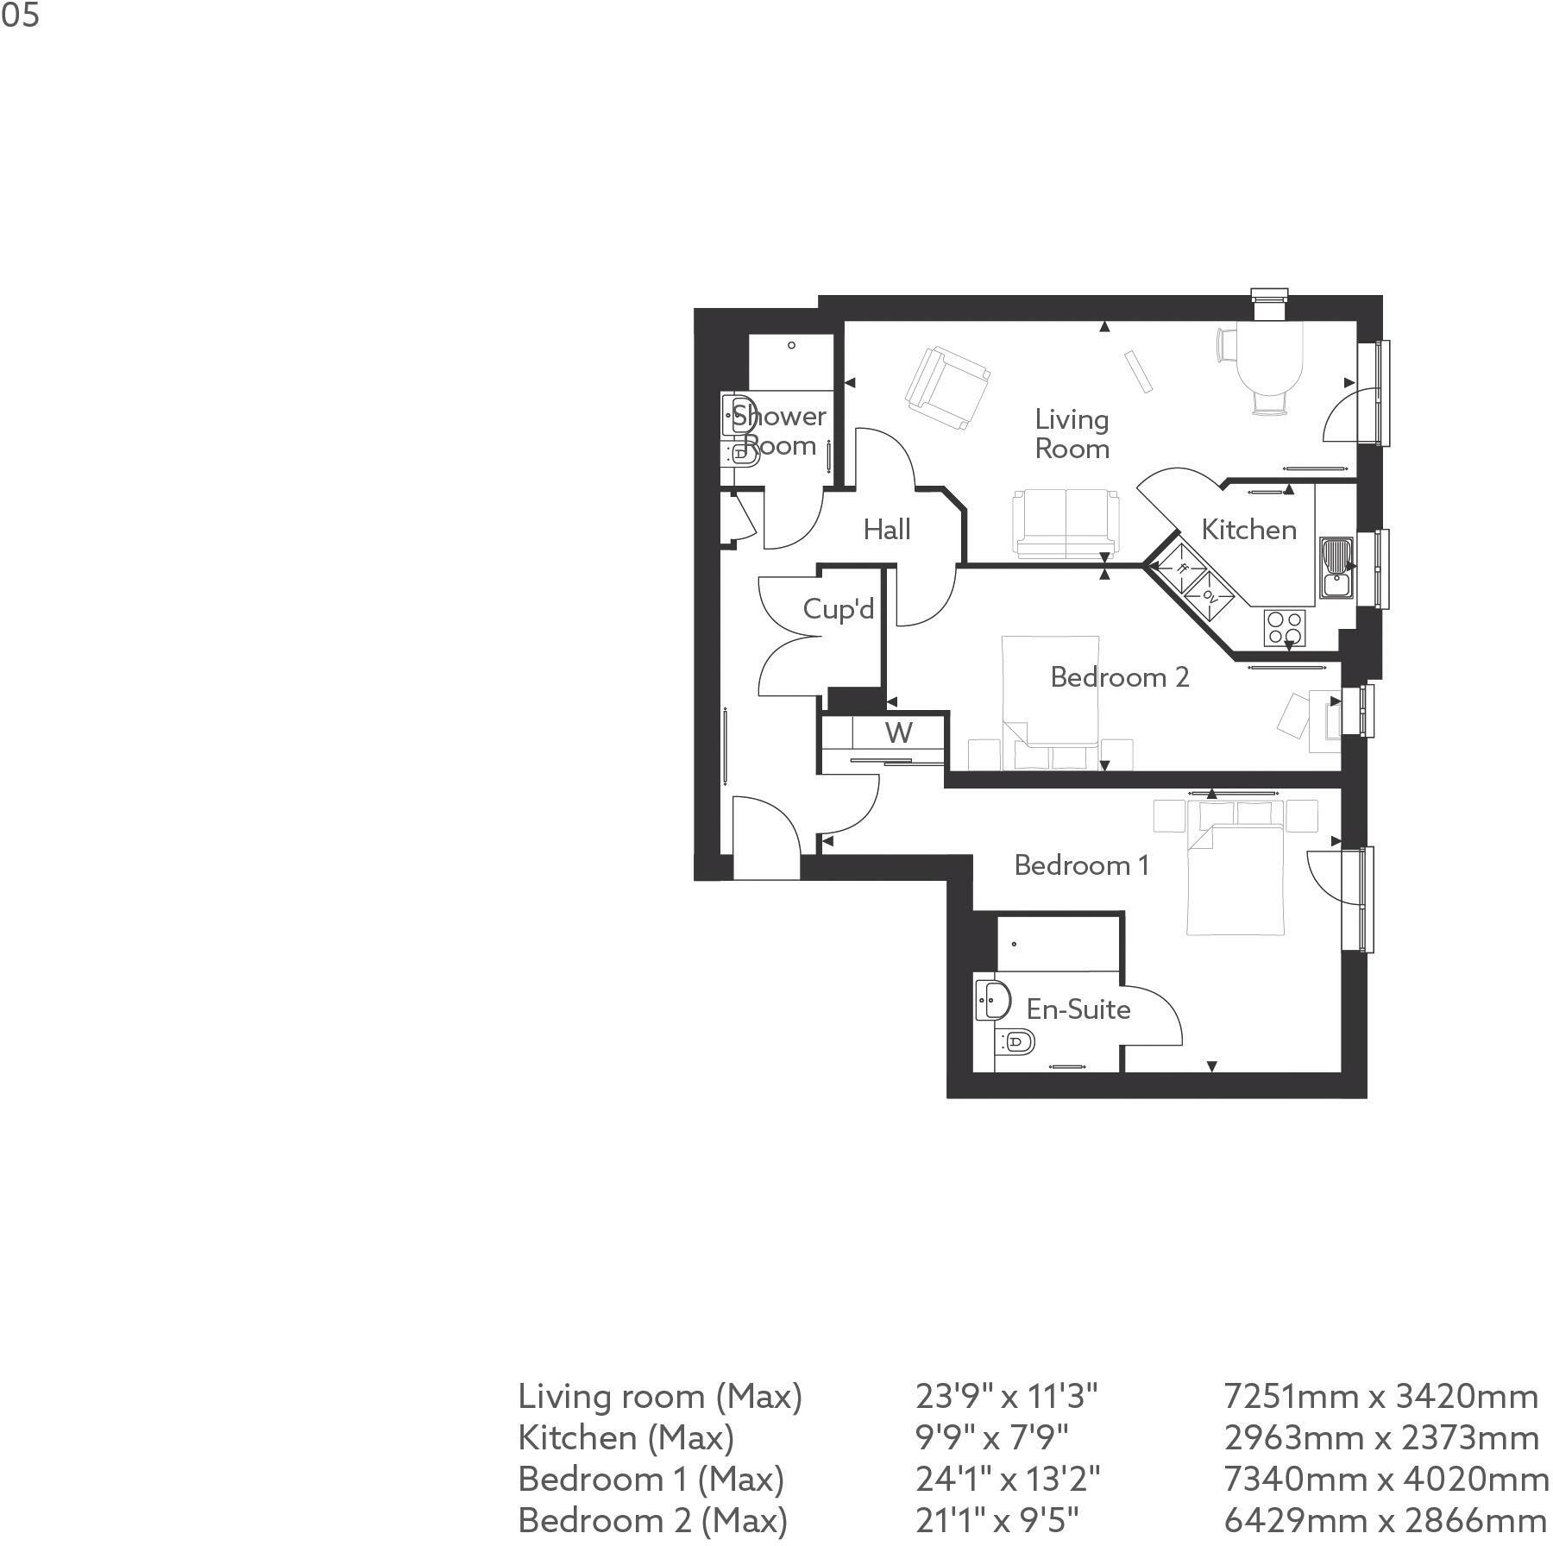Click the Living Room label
[1072, 434]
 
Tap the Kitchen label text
[1248, 530]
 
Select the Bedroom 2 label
[1119, 677]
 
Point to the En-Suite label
[1078, 1009]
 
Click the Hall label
[887, 530]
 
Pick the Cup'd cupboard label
[838, 609]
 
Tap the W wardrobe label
[898, 733]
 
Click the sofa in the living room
[1066, 525]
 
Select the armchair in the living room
[946, 388]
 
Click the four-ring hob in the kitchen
[1284, 628]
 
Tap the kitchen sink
[1335, 567]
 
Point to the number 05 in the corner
[20, 16]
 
